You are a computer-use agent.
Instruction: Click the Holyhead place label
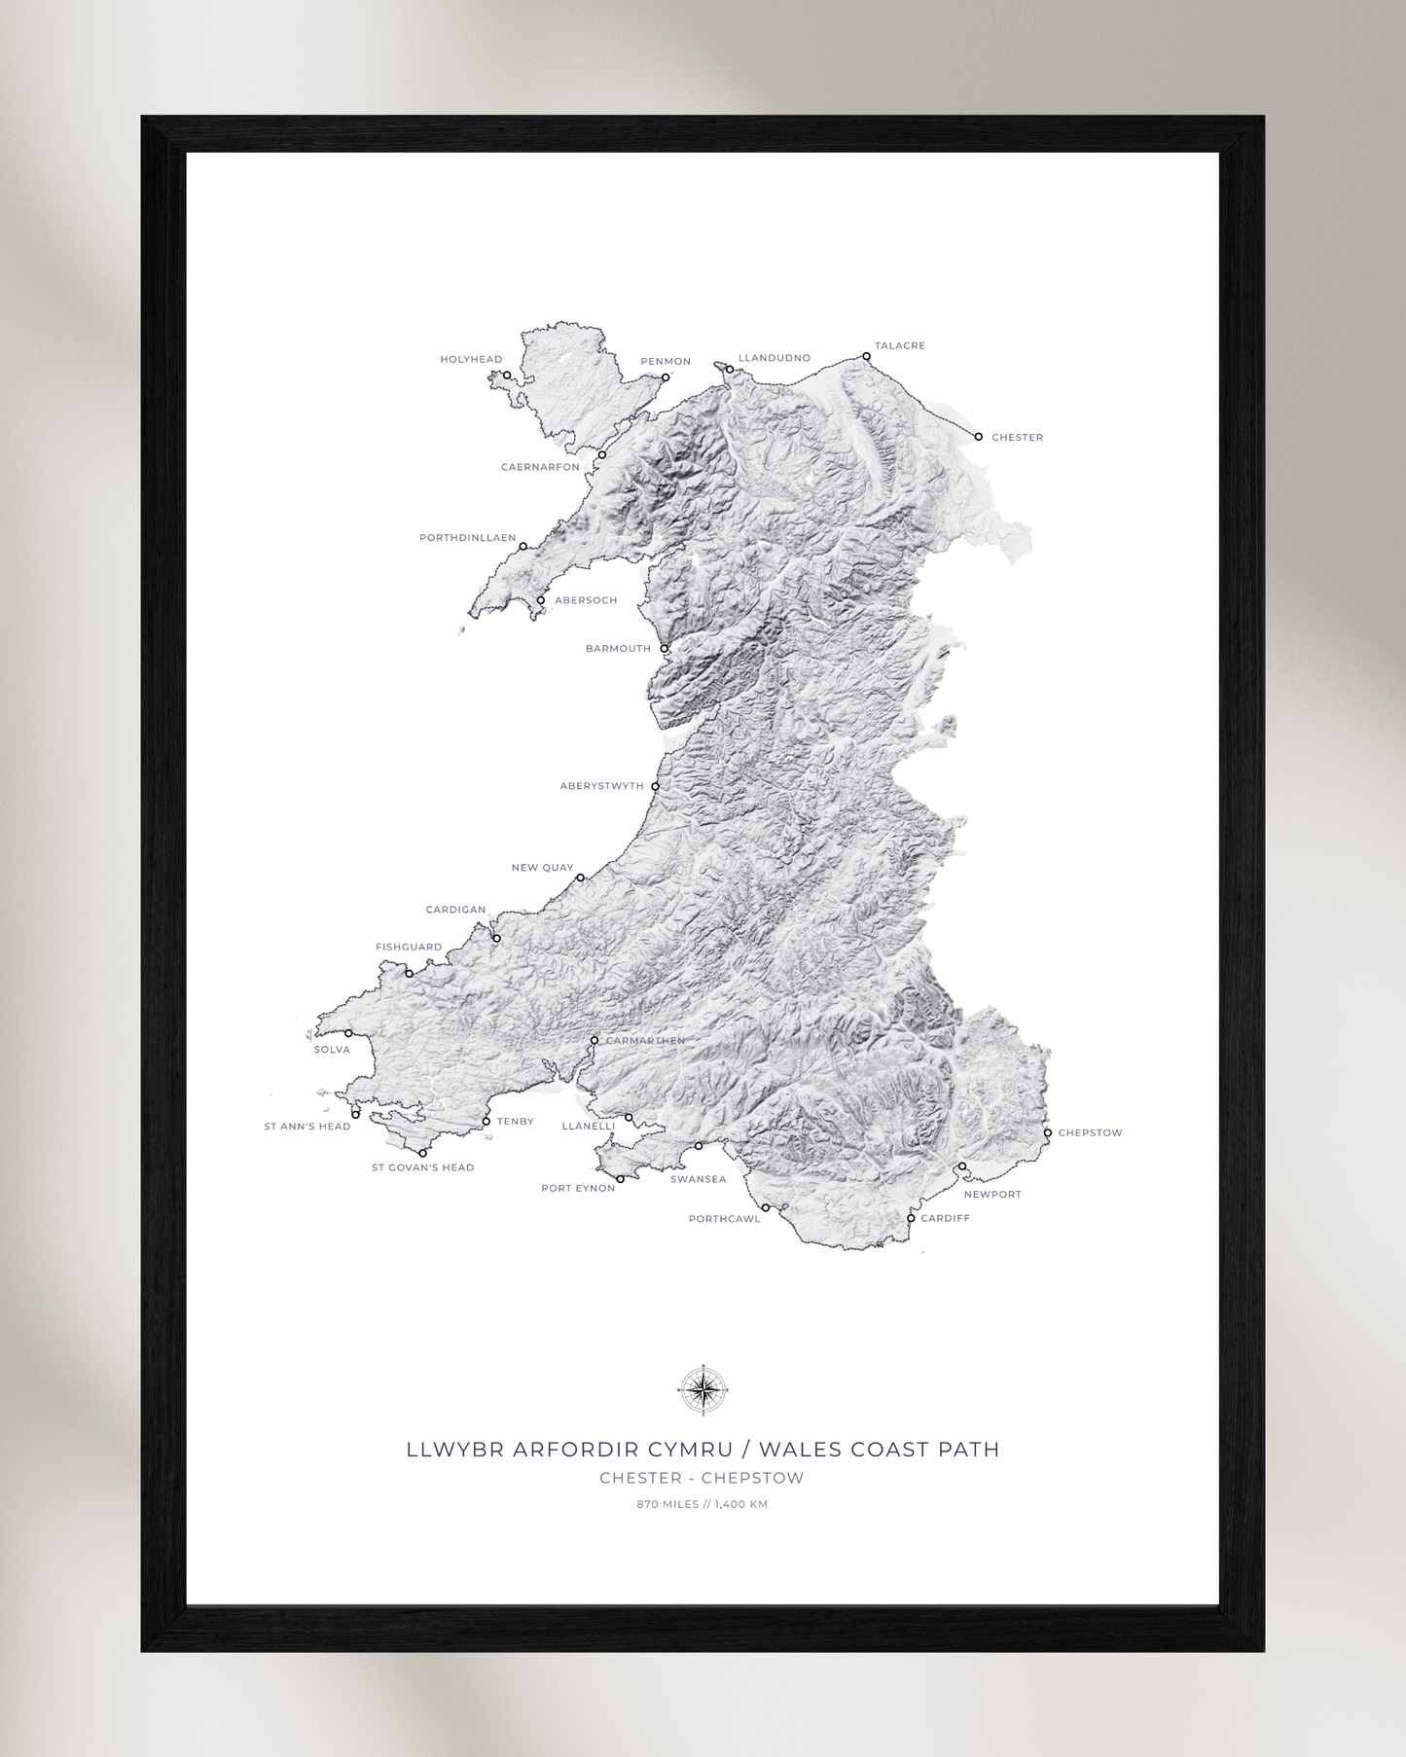pos(471,359)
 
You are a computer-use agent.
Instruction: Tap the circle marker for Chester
pos(979,437)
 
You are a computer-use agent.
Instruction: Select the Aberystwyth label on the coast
pos(601,786)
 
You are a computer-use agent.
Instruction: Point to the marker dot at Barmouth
pos(665,649)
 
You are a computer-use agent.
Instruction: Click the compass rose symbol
pos(703,1390)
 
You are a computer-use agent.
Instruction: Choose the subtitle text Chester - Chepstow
pos(702,1478)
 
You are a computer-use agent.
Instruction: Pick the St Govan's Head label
pos(422,1167)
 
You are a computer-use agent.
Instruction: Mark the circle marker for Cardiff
pos(911,1218)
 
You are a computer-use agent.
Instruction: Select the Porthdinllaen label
pos(467,538)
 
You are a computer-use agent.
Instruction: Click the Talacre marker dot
pos(866,357)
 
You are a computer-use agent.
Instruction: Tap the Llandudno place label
pos(774,358)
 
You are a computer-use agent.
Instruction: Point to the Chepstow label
pos(1090,1132)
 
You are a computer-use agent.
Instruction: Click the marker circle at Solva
pos(348,1033)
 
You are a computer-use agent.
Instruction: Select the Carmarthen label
pos(645,1041)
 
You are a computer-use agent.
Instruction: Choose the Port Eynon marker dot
pos(620,1179)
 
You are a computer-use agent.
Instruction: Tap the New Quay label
pos(542,868)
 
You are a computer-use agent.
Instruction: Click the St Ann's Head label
pos(306,1127)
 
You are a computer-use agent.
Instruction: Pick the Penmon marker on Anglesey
pos(666,377)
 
